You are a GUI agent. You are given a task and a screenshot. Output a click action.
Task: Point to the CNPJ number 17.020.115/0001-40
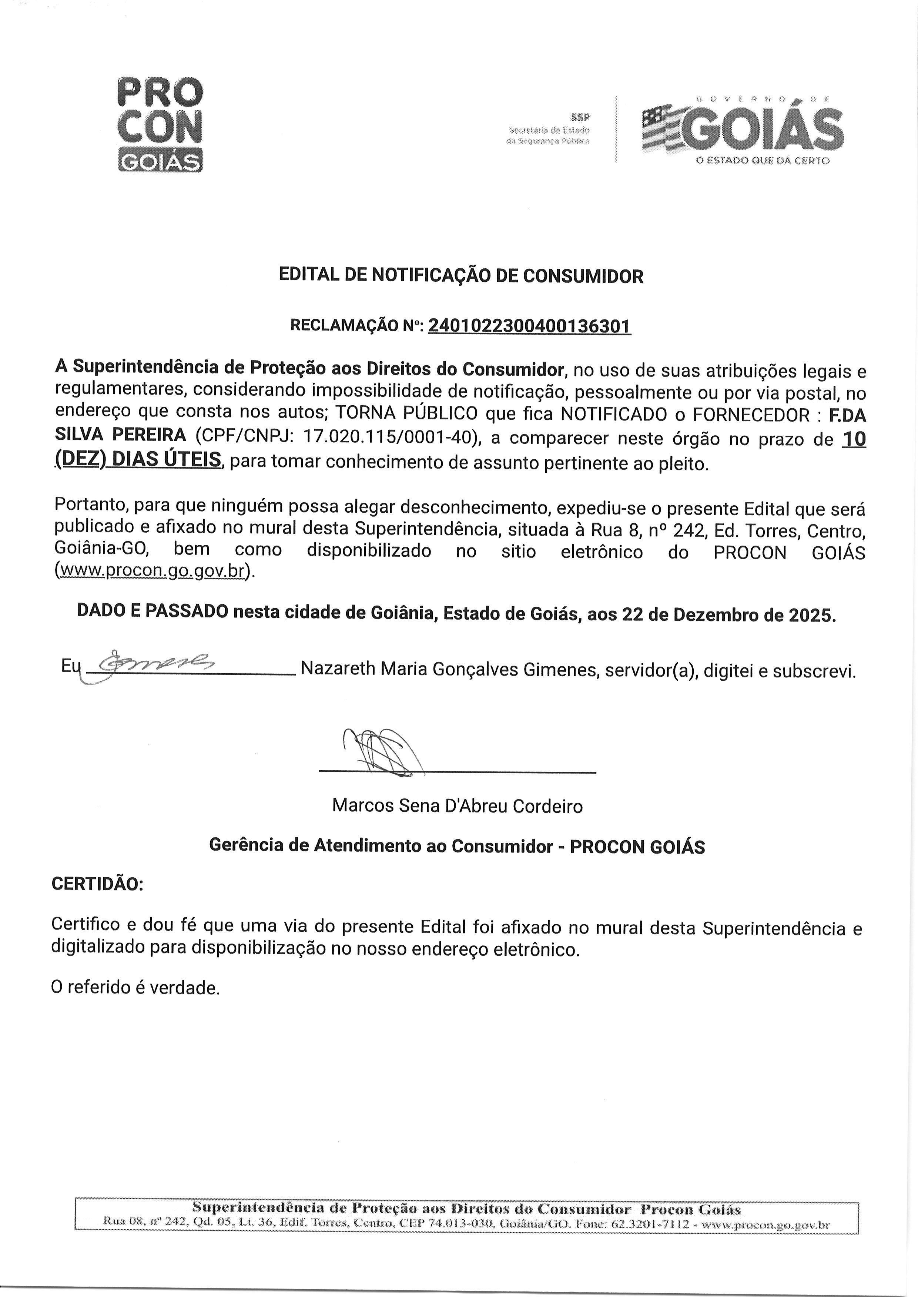[x=387, y=438]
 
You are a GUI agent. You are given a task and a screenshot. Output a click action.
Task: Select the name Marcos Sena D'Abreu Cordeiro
[x=457, y=805]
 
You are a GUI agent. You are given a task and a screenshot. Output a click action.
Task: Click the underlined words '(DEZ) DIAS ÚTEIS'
[x=138, y=460]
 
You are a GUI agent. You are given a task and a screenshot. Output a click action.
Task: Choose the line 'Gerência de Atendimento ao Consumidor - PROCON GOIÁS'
[x=457, y=846]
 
